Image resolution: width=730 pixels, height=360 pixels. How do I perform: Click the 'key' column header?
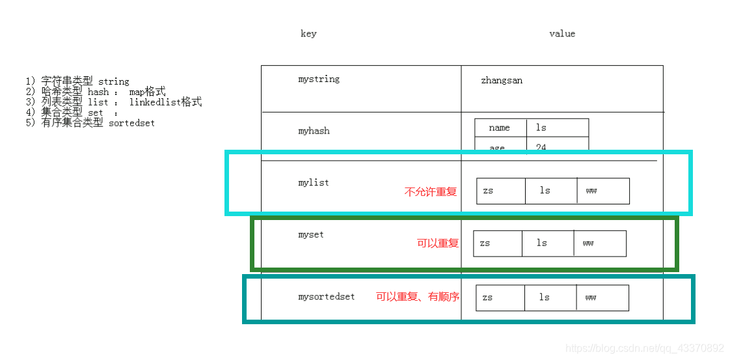308,34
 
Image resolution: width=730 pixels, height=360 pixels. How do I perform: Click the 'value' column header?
562,34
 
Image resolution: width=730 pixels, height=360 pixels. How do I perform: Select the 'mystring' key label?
319,79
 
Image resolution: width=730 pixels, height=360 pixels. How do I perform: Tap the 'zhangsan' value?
502,81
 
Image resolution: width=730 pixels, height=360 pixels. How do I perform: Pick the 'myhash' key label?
314,131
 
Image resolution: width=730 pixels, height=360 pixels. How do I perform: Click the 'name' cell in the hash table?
500,128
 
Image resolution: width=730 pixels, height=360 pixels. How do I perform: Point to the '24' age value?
541,147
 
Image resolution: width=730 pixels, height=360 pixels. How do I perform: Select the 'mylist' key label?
314,183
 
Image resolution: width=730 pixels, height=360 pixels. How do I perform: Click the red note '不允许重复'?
431,192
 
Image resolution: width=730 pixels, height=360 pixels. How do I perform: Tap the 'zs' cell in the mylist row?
488,191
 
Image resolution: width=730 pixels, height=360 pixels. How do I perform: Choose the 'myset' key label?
311,235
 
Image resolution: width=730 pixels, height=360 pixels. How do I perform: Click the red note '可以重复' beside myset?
438,243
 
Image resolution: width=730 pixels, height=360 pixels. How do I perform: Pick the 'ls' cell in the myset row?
542,243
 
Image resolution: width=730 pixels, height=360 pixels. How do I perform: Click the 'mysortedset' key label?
327,297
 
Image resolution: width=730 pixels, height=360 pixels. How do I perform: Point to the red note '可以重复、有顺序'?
418,297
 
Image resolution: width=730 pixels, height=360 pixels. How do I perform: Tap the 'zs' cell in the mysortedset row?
488,298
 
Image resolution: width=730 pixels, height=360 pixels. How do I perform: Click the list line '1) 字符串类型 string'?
77,81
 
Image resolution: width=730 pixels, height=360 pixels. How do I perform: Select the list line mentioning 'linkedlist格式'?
114,102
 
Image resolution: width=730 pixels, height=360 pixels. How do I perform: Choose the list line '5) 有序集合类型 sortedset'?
90,123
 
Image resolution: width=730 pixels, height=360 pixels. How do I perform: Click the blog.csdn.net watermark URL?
645,348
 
